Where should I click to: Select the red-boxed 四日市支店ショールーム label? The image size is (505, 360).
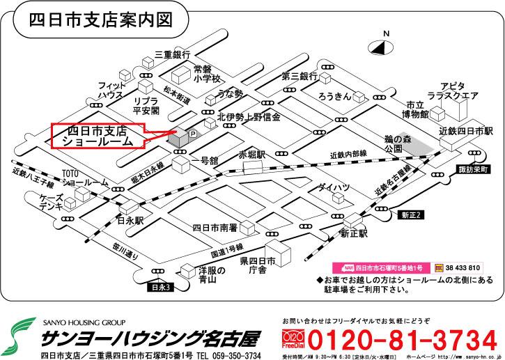98,135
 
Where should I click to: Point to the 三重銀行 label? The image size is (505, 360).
172,54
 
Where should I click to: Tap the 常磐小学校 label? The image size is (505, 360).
207,74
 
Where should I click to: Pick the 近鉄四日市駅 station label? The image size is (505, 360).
466,131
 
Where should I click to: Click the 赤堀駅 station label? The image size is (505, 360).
252,154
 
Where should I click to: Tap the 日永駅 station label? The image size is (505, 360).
130,220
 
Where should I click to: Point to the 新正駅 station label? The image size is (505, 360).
353,234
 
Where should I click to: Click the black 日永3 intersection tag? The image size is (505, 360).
160,286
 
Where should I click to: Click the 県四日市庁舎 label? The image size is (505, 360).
259,267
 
